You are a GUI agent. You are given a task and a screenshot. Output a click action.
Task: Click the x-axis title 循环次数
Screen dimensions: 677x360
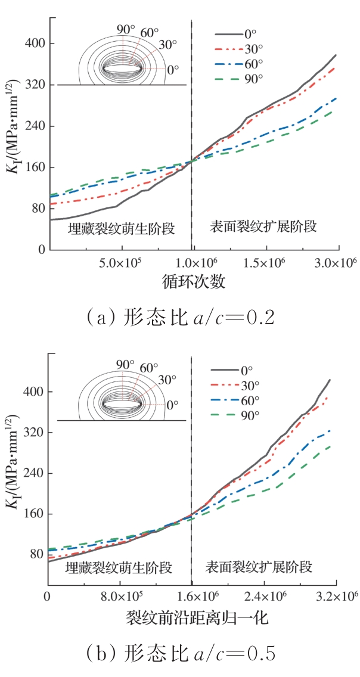(193, 281)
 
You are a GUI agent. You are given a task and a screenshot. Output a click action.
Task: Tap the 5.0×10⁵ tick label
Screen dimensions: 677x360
(122, 262)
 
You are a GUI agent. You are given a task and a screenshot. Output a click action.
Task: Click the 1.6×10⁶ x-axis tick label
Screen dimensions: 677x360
(192, 597)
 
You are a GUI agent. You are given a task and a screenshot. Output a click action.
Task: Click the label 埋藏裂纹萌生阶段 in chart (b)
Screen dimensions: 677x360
(119, 566)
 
